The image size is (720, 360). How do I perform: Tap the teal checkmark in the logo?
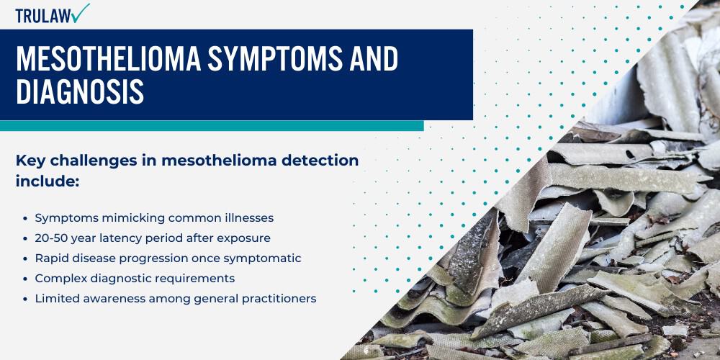point(81,12)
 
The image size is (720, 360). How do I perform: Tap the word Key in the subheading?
point(31,161)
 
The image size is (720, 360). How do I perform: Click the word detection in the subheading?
point(318,161)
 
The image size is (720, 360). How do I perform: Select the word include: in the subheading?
point(47,181)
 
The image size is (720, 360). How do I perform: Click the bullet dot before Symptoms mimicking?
point(27,217)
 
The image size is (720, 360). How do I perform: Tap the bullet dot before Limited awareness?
point(27,298)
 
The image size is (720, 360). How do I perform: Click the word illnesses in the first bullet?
point(247,217)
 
